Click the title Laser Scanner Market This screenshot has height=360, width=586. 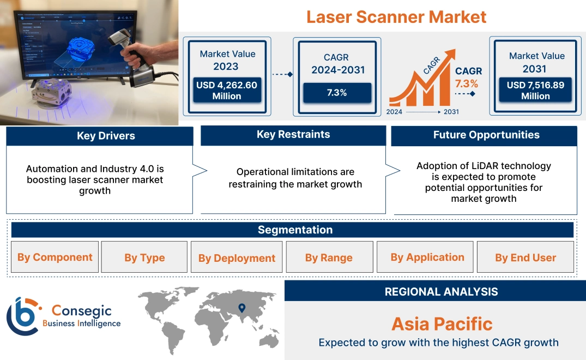[x=396, y=16]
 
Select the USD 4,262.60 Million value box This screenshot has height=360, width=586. [x=226, y=91]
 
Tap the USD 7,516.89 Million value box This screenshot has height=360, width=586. [x=535, y=91]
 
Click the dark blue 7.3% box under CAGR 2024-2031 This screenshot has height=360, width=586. [x=336, y=93]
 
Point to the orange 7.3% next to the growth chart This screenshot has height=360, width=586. [x=466, y=83]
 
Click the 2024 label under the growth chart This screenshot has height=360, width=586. [x=395, y=112]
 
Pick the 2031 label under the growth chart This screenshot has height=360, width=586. [x=451, y=112]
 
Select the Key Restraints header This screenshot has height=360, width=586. [x=293, y=135]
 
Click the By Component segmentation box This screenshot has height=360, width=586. [x=55, y=257]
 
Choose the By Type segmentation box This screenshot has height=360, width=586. [x=144, y=257]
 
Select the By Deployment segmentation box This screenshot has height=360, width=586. [x=237, y=257]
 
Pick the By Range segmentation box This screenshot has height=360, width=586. [x=329, y=257]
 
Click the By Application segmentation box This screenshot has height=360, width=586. [x=427, y=257]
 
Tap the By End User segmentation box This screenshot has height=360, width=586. [x=525, y=257]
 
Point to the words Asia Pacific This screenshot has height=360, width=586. [x=442, y=324]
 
